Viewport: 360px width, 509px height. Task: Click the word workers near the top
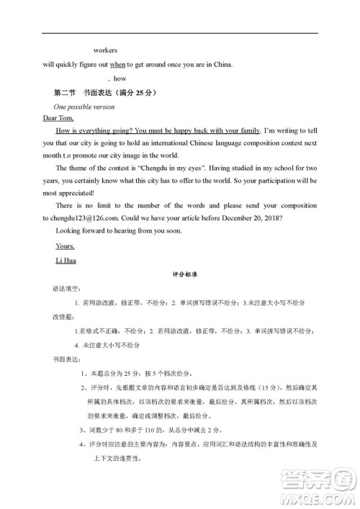click(x=105, y=51)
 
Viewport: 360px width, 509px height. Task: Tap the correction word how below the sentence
click(x=120, y=79)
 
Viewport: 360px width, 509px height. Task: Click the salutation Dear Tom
click(x=60, y=117)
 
